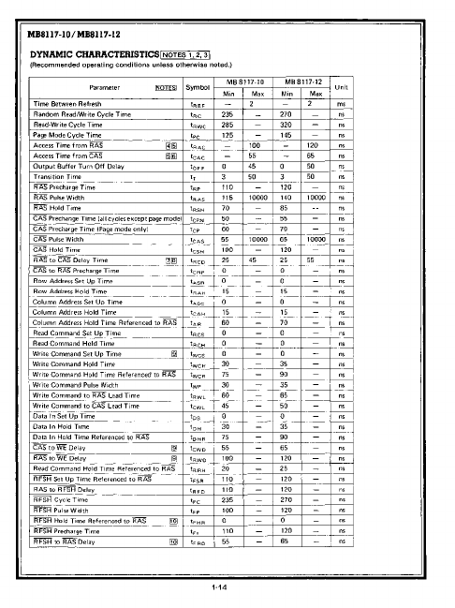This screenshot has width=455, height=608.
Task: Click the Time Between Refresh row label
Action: (66, 103)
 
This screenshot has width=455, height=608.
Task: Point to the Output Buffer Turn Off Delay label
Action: (82, 163)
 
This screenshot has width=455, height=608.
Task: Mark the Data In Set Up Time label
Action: (66, 416)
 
